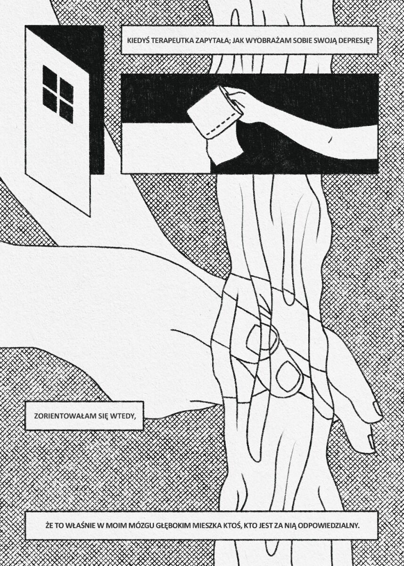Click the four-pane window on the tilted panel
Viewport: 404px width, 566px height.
(x=58, y=94)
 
